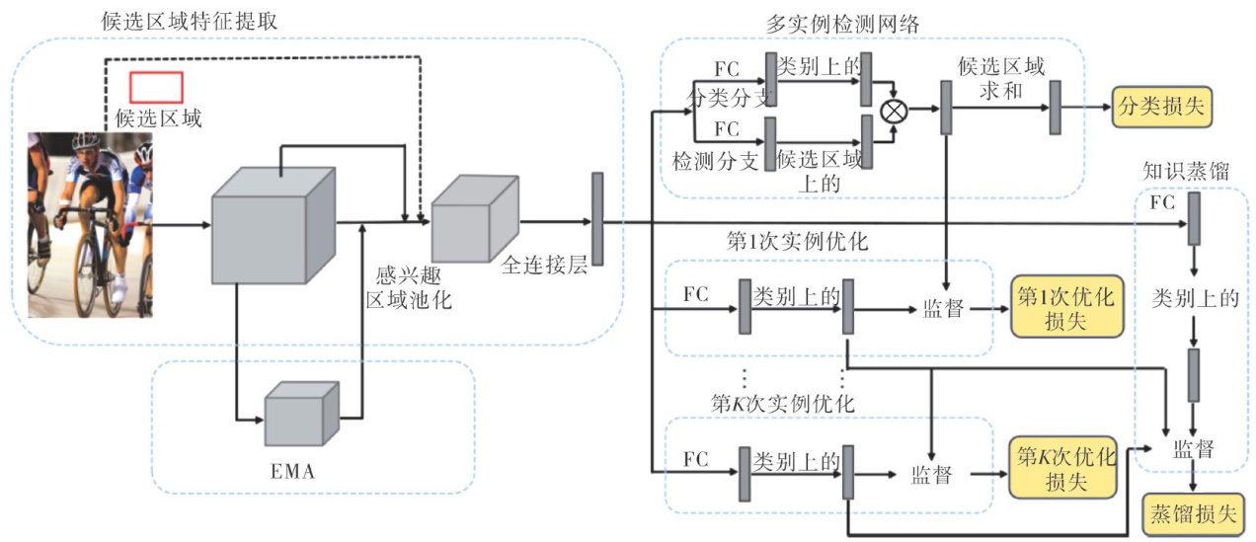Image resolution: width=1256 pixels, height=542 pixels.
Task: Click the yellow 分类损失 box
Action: (1161, 107)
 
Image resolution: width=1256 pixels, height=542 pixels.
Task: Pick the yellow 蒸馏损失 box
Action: (1191, 514)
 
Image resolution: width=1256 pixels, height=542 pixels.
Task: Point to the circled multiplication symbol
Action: (893, 110)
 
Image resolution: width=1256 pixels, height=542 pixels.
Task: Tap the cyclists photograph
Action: (90, 225)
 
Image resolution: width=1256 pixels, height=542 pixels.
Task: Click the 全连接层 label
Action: (544, 266)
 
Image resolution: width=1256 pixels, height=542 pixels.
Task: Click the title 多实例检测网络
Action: (842, 25)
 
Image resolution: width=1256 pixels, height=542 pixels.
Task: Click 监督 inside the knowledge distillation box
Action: (1194, 450)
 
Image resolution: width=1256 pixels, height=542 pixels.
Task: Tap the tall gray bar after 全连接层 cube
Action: (596, 218)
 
